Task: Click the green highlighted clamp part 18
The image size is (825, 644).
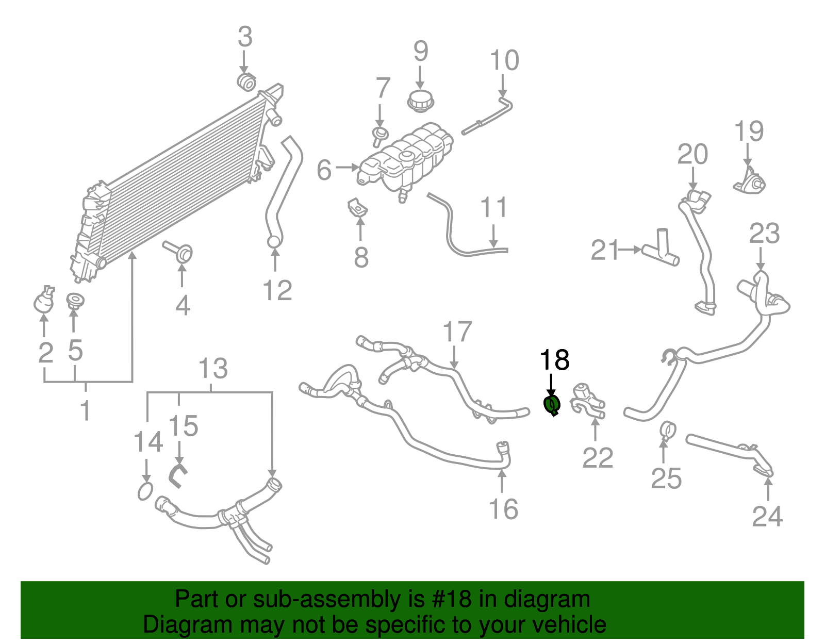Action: tap(552, 405)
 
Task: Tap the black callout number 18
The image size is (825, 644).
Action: tap(554, 360)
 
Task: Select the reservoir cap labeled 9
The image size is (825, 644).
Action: tap(420, 100)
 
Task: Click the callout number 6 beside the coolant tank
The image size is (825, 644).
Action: tap(324, 170)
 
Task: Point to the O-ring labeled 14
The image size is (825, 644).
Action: tap(145, 491)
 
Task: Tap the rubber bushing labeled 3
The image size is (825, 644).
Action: tap(246, 81)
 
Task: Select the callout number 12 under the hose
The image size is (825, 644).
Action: tap(277, 290)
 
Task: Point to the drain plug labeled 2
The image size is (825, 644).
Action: tap(44, 301)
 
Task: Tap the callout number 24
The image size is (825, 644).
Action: tap(767, 516)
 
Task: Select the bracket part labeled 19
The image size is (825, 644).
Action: tap(750, 181)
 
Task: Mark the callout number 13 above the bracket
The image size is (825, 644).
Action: tap(212, 368)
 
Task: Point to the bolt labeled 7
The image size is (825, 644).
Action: tap(380, 135)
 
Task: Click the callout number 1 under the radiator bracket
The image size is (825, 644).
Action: tap(86, 410)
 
